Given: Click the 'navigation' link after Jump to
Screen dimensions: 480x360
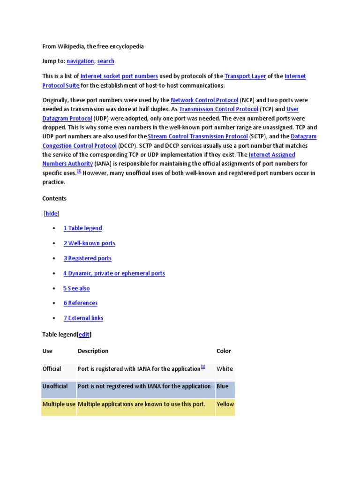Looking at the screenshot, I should [x=80, y=61].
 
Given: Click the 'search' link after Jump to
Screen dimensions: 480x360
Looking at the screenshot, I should [x=105, y=61].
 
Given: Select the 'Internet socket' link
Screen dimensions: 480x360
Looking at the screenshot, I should [x=100, y=76].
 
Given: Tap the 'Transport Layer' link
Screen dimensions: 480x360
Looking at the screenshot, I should [x=245, y=76].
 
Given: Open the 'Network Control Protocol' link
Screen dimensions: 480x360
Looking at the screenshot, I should [x=204, y=100].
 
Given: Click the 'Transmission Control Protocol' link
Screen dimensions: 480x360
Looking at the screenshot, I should [x=218, y=109].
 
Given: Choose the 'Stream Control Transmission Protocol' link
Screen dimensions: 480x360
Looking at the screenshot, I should [x=198, y=136].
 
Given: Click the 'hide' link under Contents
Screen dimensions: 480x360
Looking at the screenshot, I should [x=52, y=214].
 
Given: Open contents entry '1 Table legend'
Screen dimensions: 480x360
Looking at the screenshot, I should [x=82, y=228].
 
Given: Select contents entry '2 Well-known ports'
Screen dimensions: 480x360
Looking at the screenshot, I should [x=89, y=243].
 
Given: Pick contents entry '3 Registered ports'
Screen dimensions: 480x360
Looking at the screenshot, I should [x=87, y=258].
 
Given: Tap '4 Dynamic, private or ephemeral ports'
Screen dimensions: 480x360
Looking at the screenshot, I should [x=114, y=273].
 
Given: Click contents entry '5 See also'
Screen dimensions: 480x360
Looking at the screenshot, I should [x=76, y=288].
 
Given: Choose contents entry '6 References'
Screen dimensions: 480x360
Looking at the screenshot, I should [x=80, y=303].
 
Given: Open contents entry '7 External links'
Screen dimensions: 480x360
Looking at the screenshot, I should [x=83, y=318].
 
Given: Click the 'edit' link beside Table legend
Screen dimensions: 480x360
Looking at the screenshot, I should [x=84, y=335].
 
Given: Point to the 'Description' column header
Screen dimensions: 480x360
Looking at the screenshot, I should [x=93, y=351].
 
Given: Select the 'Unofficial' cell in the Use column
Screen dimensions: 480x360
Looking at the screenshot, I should [x=55, y=387].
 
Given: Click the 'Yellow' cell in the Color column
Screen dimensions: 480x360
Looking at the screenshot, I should [x=225, y=404].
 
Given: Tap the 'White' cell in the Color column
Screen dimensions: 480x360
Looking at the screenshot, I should [x=225, y=369].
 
